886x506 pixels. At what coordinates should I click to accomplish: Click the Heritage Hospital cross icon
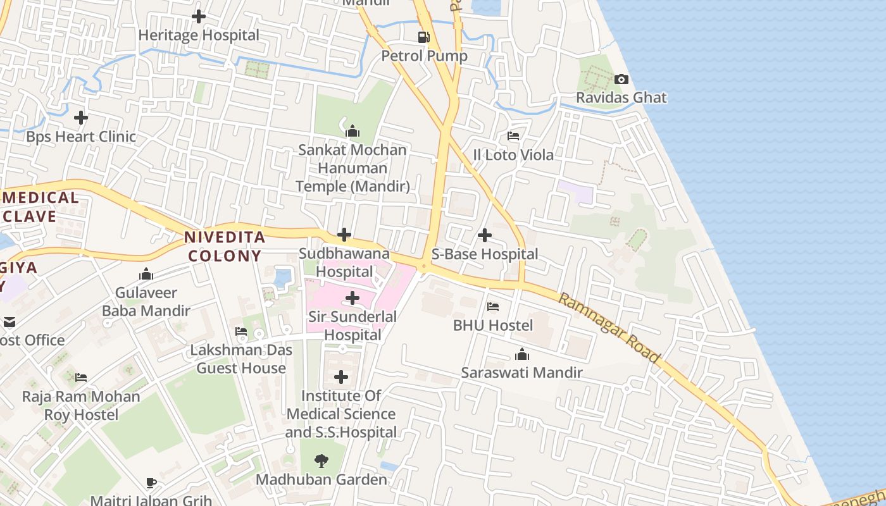click(x=199, y=16)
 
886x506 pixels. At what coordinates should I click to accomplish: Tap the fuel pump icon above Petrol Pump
click(x=424, y=37)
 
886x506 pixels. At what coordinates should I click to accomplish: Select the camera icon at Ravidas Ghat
click(x=621, y=79)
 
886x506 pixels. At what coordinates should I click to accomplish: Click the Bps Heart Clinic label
click(x=81, y=137)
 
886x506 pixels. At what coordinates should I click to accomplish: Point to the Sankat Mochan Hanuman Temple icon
click(x=353, y=131)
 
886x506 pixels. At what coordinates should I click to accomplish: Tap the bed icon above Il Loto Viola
click(x=513, y=136)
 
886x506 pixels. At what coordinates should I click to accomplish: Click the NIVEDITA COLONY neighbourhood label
click(x=224, y=247)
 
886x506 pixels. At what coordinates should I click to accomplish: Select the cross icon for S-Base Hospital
click(x=485, y=235)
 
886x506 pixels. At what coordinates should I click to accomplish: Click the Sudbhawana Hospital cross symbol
click(x=344, y=235)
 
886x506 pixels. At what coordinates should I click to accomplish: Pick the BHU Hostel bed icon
click(x=493, y=307)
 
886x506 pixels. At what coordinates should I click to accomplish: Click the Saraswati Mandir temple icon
click(x=522, y=354)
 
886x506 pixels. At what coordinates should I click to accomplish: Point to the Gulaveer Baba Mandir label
click(x=146, y=302)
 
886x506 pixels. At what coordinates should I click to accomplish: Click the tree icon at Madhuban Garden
click(x=321, y=460)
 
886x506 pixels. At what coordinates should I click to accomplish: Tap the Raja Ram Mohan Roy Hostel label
click(x=81, y=405)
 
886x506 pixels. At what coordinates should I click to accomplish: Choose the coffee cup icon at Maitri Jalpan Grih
click(x=151, y=483)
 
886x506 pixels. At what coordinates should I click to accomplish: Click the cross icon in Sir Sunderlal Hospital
click(x=353, y=298)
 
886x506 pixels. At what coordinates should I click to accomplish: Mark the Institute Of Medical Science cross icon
click(x=341, y=378)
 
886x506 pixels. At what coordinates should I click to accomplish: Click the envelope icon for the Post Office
click(x=9, y=322)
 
